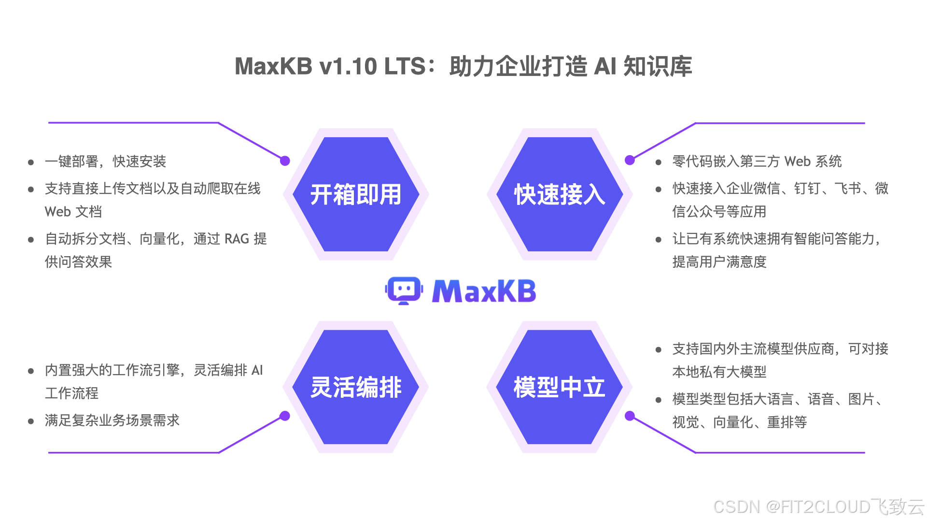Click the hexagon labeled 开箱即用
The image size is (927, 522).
(356, 194)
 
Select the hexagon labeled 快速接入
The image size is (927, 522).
(560, 194)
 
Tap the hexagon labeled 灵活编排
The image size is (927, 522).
(356, 387)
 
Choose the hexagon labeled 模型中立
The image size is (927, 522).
(560, 387)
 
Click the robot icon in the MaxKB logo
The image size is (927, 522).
(404, 290)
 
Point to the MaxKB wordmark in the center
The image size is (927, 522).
(484, 291)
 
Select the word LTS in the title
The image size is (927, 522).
(405, 66)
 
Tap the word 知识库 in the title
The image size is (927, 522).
(658, 66)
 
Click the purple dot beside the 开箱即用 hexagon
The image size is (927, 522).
(285, 161)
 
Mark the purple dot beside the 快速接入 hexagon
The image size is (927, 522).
(630, 160)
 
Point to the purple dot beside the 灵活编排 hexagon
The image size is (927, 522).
(285, 416)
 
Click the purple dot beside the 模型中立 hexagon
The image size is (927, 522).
(630, 416)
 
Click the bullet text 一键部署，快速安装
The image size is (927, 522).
(105, 161)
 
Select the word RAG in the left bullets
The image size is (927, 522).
(237, 239)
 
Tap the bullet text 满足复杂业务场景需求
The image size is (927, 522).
(112, 420)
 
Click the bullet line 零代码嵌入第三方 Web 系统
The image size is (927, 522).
(757, 161)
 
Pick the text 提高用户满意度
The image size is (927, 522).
(719, 262)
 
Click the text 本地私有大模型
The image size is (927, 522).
(719, 372)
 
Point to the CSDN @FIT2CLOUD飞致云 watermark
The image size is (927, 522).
(818, 507)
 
